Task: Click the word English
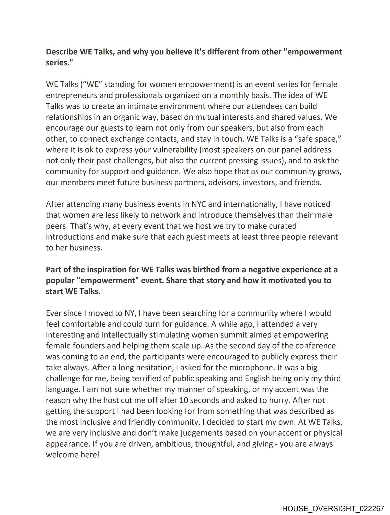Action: (257, 379)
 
